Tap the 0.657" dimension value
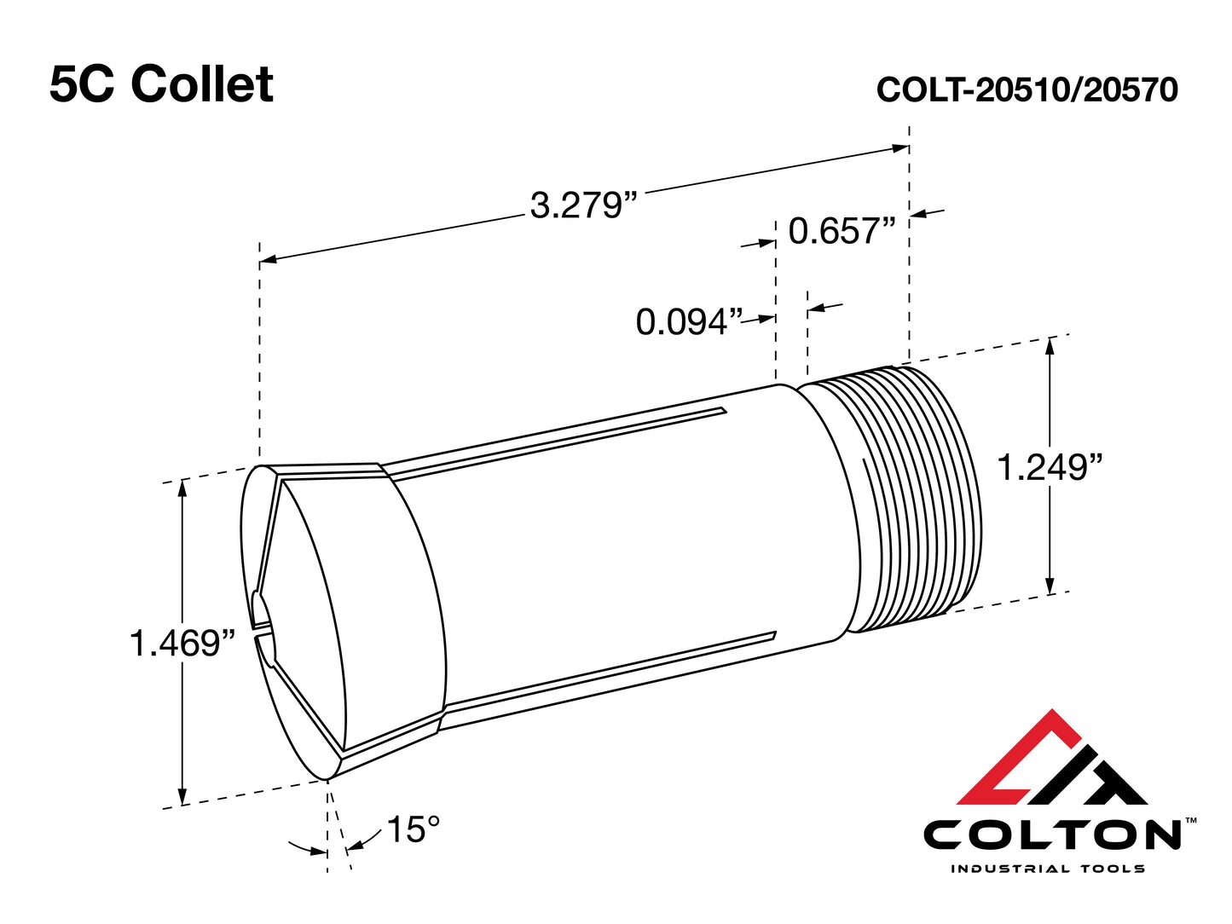(842, 232)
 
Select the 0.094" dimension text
(689, 323)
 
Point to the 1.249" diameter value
(1050, 468)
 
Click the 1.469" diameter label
(182, 644)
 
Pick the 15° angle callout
(414, 829)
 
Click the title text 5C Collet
(161, 84)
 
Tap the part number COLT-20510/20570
(1027, 90)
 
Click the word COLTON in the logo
(1052, 835)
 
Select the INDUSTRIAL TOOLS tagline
(1047, 869)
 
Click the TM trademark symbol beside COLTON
(1191, 820)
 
